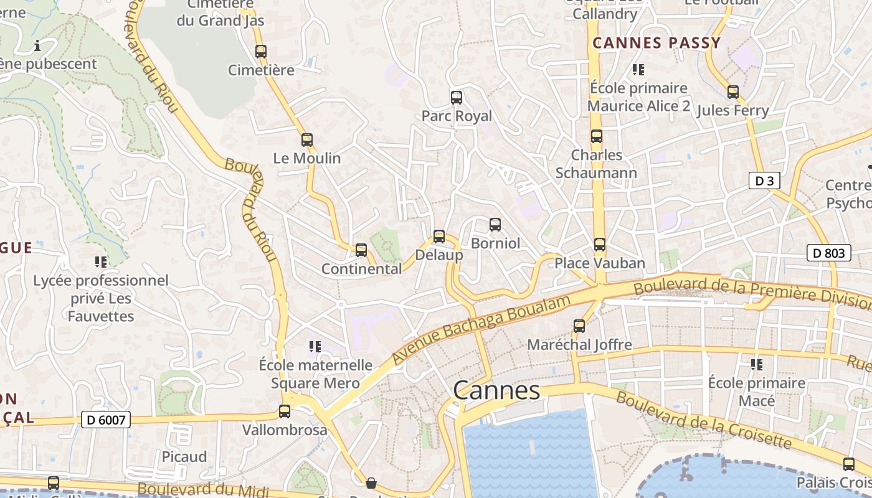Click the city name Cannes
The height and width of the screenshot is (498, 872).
tap(496, 390)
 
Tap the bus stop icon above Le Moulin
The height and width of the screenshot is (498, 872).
tap(306, 140)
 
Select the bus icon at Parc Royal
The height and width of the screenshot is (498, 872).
tap(457, 98)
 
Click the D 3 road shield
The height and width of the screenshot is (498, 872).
tap(764, 181)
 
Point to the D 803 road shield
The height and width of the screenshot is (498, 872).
tap(829, 253)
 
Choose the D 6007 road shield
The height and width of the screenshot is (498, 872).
tap(106, 420)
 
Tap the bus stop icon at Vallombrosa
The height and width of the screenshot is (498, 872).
tap(285, 411)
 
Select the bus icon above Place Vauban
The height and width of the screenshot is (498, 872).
tap(600, 245)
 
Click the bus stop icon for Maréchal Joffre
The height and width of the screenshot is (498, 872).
tap(579, 326)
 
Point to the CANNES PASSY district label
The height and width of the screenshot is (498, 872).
tap(656, 43)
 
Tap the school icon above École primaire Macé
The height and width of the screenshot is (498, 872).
tap(757, 364)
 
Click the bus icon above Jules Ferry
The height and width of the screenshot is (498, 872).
tap(733, 92)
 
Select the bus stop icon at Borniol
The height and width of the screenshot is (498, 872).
tap(495, 225)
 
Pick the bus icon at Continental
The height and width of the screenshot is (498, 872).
tap(361, 250)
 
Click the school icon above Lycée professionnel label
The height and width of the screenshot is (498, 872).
tap(100, 262)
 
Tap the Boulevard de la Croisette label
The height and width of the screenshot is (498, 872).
tap(703, 421)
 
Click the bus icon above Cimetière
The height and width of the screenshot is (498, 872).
tap(261, 52)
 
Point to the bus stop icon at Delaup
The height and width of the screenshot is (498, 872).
tap(439, 237)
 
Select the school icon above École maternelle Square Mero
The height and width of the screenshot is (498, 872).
tap(315, 346)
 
